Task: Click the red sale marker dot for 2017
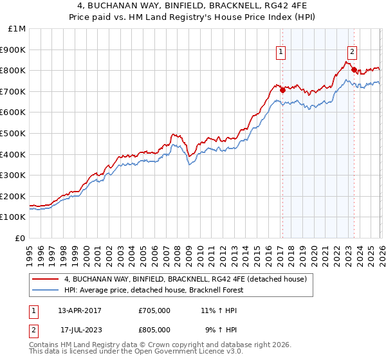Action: (282, 90)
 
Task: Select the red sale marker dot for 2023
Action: (354, 69)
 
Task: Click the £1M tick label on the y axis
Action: (17, 28)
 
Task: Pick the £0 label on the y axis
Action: (21, 238)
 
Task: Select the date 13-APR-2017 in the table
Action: (80, 310)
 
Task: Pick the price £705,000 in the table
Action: (154, 310)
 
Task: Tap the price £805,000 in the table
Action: (154, 329)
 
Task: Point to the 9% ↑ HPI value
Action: (219, 329)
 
